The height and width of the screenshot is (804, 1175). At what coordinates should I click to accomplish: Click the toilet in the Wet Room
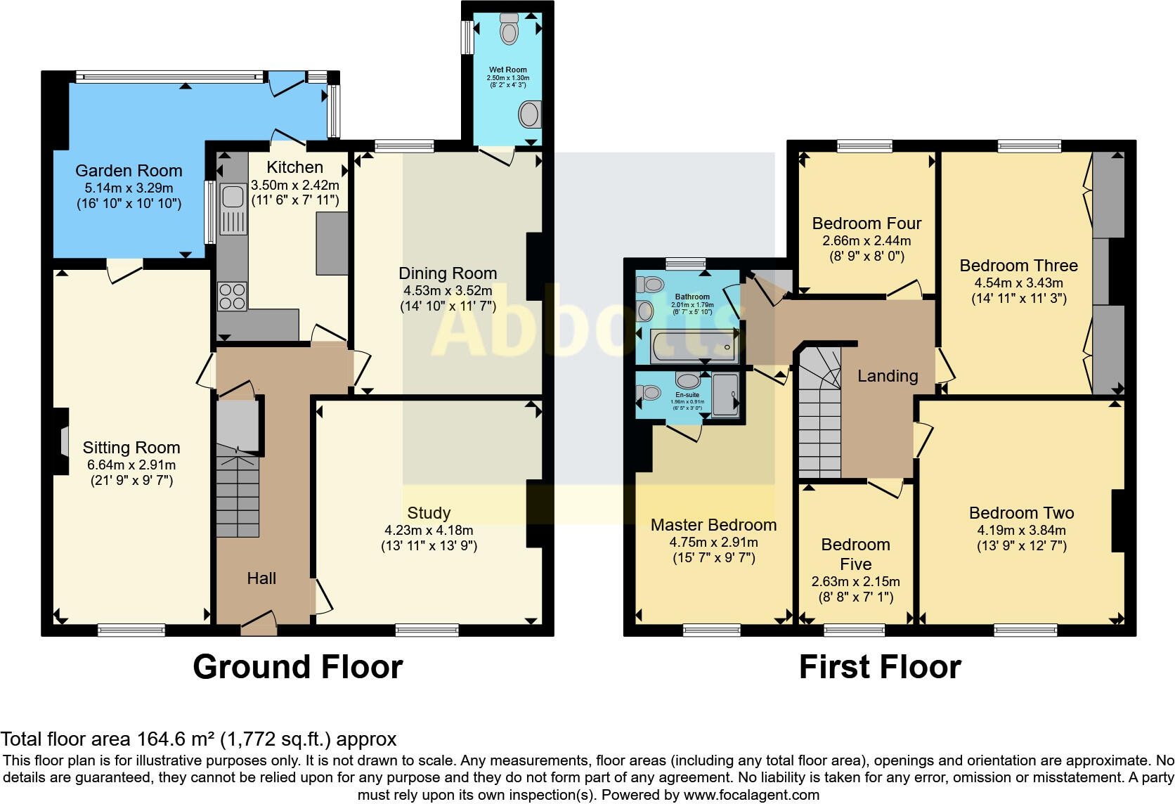coord(507,29)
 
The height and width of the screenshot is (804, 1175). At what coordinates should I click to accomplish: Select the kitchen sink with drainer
coord(232,208)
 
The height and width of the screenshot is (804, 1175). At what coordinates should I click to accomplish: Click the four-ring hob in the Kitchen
coord(233,295)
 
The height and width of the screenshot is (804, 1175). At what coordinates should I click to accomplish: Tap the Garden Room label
coord(129,171)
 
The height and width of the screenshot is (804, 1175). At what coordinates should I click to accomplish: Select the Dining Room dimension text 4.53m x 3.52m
coord(448,290)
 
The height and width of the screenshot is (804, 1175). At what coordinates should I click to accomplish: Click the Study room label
coord(429,513)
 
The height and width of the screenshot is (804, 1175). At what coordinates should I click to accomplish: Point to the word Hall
coord(261,578)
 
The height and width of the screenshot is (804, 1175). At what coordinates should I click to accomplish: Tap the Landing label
coord(888,376)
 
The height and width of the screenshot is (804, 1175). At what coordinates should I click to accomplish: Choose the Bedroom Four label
coord(866,223)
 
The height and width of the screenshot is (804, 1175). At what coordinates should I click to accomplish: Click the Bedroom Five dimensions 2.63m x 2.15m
coord(855,582)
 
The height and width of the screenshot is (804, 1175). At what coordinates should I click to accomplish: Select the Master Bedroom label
coord(713,525)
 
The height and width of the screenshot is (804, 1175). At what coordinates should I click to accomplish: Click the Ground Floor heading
coord(297,667)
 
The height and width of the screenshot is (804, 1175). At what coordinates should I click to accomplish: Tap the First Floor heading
coord(879,667)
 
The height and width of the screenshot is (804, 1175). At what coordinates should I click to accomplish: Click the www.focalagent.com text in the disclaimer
coord(751,795)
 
